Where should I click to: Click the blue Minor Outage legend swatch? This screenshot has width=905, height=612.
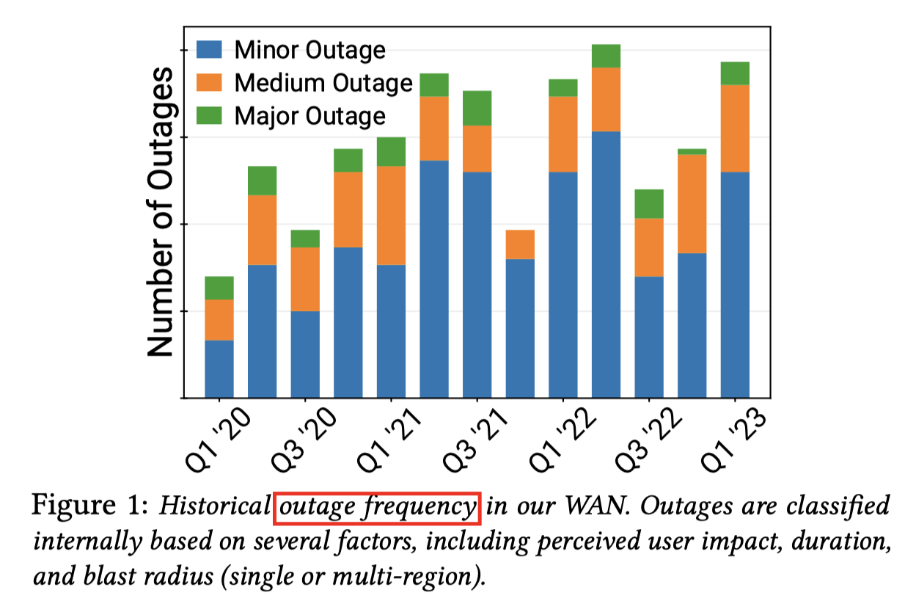208,50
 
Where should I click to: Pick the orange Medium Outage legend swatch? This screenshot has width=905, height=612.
208,83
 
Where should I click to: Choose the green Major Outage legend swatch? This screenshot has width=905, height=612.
208,116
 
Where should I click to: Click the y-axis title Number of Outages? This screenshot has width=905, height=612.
161,213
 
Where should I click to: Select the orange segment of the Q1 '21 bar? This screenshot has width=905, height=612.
391,215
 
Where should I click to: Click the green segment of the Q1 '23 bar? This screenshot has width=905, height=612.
735,73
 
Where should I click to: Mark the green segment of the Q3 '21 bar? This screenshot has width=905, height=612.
477,108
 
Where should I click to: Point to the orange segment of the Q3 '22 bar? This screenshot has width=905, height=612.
649,247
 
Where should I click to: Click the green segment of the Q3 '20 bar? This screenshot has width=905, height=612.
305,238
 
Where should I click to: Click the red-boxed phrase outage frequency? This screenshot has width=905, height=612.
377,507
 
